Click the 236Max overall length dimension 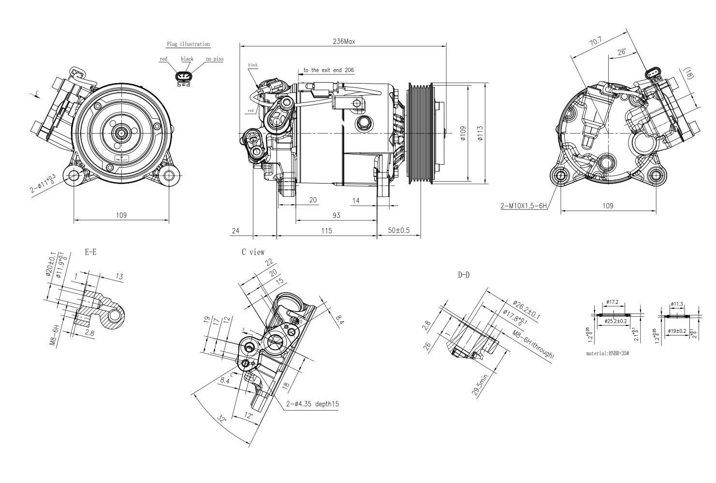[344, 42]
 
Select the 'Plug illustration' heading [188, 44]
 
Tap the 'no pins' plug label [215, 59]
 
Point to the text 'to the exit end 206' [329, 70]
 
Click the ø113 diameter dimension [480, 133]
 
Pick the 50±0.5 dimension [399, 230]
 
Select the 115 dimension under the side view [326, 230]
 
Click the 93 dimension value [336, 215]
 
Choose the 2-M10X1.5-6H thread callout [524, 206]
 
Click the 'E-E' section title [90, 252]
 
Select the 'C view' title [253, 252]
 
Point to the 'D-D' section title [463, 275]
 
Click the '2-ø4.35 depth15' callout [312, 404]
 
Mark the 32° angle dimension [222, 418]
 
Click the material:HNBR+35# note [607, 353]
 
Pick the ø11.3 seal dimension [677, 304]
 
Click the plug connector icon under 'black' [184, 78]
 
